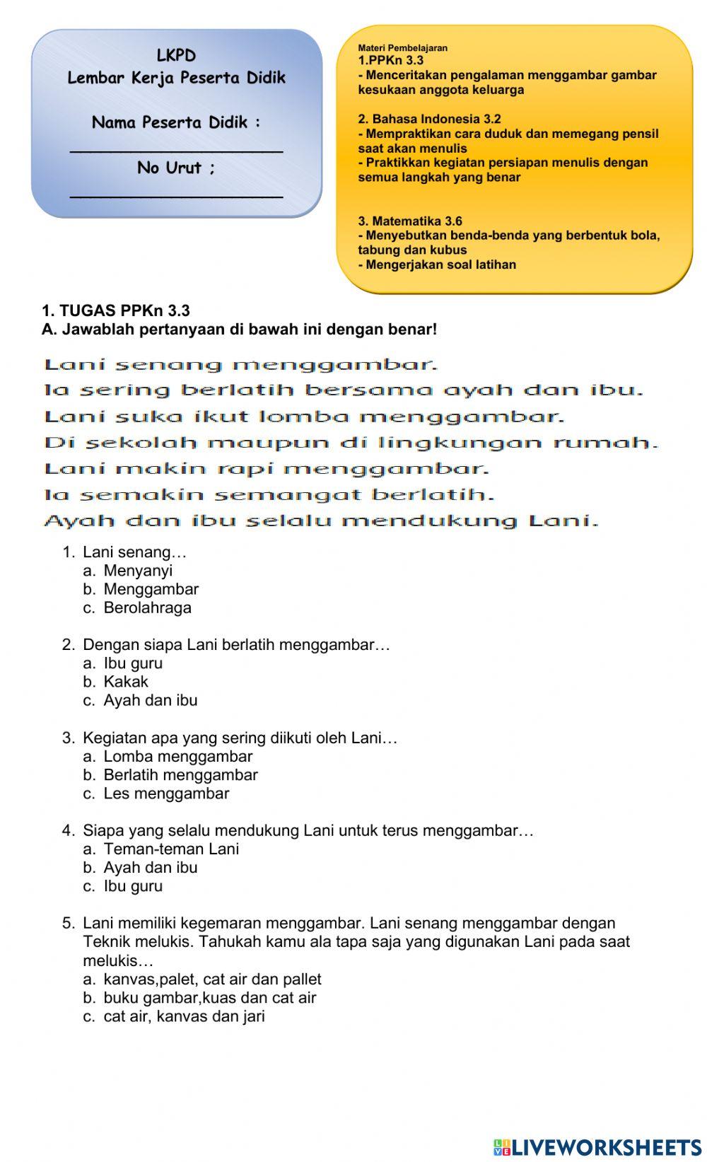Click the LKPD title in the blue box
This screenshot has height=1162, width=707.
pyautogui.click(x=176, y=56)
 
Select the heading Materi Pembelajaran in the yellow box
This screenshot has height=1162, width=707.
pyautogui.click(x=402, y=48)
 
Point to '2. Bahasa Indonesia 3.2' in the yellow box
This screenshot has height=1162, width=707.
pyautogui.click(x=429, y=119)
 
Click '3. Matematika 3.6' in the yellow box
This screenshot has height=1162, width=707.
pyautogui.click(x=410, y=221)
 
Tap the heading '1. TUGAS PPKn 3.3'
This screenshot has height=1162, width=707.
pyautogui.click(x=116, y=311)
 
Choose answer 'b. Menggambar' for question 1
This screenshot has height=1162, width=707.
pyautogui.click(x=151, y=589)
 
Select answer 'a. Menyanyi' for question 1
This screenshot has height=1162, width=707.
pyautogui.click(x=138, y=571)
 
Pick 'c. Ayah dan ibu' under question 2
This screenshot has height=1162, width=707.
pyautogui.click(x=150, y=700)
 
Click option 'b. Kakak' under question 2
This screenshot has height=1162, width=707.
pyautogui.click(x=126, y=682)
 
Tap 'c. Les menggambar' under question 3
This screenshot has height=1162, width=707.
pyautogui.click(x=166, y=794)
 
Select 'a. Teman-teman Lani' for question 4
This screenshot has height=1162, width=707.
pyautogui.click(x=171, y=849)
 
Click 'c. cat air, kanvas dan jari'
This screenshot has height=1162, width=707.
pyautogui.click(x=184, y=1016)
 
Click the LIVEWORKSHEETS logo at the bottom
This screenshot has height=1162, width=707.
pyautogui.click(x=597, y=1147)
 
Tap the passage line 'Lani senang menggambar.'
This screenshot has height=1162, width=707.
pyautogui.click(x=241, y=365)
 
